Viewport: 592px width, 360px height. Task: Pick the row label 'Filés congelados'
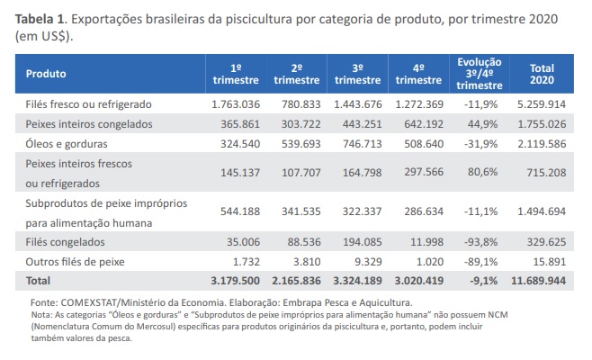67,242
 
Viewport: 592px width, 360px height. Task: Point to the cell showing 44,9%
479,123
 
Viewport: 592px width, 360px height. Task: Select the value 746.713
357,142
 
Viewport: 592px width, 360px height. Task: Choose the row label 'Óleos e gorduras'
67,142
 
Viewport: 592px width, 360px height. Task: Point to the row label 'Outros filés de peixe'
76,261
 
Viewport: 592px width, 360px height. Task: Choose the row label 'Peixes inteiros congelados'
88,123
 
